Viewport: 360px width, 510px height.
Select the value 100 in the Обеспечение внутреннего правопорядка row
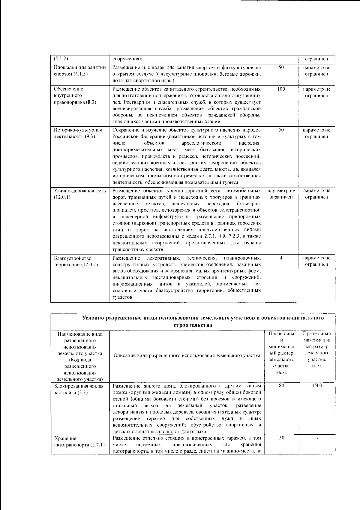pos(281,89)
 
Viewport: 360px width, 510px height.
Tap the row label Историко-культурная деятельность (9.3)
pos(78,133)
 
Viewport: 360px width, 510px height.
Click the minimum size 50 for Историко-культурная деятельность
pos(281,130)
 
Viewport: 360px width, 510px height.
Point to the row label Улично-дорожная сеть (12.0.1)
pos(80,194)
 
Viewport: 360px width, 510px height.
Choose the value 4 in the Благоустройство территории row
pos(281,258)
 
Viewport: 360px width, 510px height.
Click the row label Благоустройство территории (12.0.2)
pos(76,261)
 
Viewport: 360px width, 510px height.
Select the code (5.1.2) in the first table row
pos(59,59)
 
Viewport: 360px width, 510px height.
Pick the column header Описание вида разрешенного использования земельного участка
pos(187,356)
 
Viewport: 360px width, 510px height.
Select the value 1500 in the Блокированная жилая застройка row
pos(317,386)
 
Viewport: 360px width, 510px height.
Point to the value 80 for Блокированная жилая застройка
pos(281,386)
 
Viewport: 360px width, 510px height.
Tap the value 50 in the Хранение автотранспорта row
pos(281,438)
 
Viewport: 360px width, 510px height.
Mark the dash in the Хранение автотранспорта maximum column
pos(317,439)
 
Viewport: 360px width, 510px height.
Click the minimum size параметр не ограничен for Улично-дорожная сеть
pos(281,194)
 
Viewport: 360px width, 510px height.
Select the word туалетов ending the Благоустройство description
pos(122,297)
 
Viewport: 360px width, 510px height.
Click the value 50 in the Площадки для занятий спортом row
pos(281,68)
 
